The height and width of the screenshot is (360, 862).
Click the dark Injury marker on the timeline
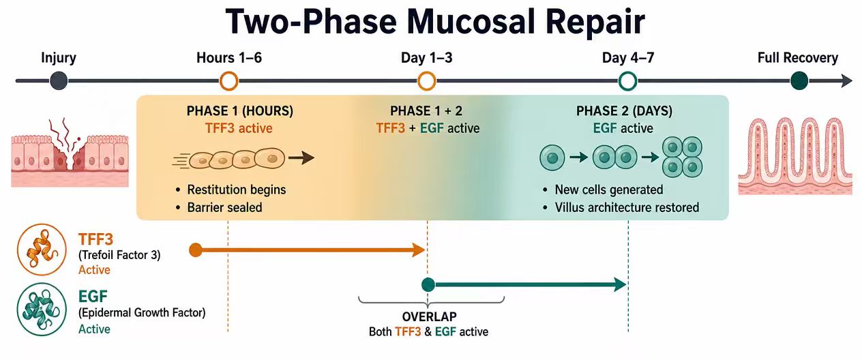coord(59,81)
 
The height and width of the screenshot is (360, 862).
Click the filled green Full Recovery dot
coord(799,81)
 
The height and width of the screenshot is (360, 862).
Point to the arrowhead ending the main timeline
coord(846,81)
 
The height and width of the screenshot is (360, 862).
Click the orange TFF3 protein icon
coord(42,250)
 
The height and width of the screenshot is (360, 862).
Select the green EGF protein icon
coord(42,310)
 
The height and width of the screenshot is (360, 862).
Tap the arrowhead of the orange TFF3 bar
coord(419,250)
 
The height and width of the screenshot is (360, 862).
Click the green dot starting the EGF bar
coord(428,285)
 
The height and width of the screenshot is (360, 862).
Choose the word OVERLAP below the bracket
coord(430,316)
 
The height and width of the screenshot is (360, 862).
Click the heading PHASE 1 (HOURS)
coord(240,111)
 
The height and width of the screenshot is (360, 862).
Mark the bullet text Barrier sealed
coord(225,208)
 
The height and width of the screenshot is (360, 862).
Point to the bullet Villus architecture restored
coord(627,208)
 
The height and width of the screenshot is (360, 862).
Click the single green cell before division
coord(552,157)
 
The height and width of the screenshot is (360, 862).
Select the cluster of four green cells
coord(682,157)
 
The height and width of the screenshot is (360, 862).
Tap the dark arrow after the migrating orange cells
coord(301,157)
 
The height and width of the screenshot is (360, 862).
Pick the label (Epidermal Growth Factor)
coord(142,313)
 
